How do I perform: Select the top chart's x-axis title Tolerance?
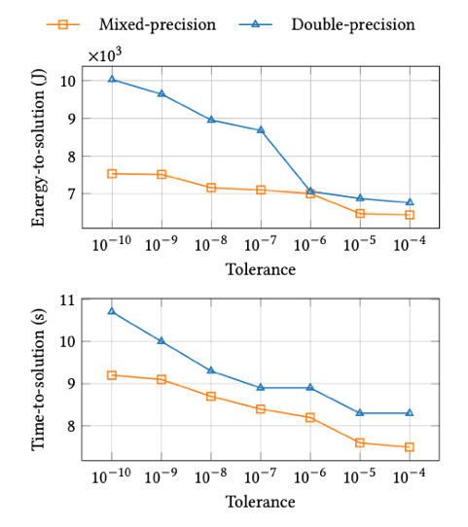coord(260,269)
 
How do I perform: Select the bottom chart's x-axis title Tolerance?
coord(260,502)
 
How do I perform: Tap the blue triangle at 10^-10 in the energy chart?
coord(113,80)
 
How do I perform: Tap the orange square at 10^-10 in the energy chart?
coord(113,173)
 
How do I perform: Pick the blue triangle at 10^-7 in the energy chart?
coord(261,129)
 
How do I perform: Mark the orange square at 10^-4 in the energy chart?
coord(410,215)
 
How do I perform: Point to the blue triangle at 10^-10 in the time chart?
coord(113,311)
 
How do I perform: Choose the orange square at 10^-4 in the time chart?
coord(410,446)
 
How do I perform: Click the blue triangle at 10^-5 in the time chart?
coord(360,413)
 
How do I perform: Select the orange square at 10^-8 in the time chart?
coord(211,397)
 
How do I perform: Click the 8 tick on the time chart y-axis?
coord(70,426)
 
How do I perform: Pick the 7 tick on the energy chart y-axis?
coord(70,194)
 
